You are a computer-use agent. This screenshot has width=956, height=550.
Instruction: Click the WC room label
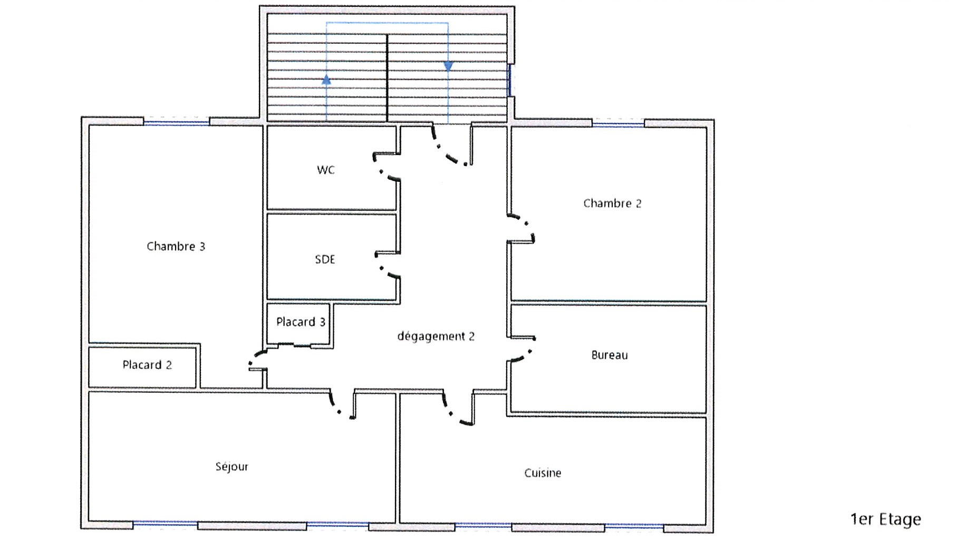tap(326, 170)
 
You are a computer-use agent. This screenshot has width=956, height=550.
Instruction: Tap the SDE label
tap(325, 259)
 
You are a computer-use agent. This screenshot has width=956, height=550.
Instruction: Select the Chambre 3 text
tap(176, 246)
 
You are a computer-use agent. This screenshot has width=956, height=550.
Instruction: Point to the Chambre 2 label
tap(612, 204)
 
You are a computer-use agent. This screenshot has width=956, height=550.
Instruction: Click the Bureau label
tap(610, 355)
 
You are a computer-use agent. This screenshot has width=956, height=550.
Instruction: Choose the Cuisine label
tap(543, 473)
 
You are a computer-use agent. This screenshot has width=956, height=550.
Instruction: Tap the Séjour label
tap(231, 467)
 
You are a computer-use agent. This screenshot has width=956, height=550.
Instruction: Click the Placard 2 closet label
tap(147, 365)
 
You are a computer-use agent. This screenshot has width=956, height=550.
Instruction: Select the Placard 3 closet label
tap(301, 322)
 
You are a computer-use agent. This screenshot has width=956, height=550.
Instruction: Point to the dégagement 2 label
tap(436, 336)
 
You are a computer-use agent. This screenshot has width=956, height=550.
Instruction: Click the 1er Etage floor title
tap(885, 519)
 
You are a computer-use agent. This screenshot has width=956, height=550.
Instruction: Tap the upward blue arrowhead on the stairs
tap(326, 80)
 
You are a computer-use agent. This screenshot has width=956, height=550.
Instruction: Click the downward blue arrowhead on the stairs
tap(448, 66)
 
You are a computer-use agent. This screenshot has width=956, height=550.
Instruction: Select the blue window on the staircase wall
tap(509, 80)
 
